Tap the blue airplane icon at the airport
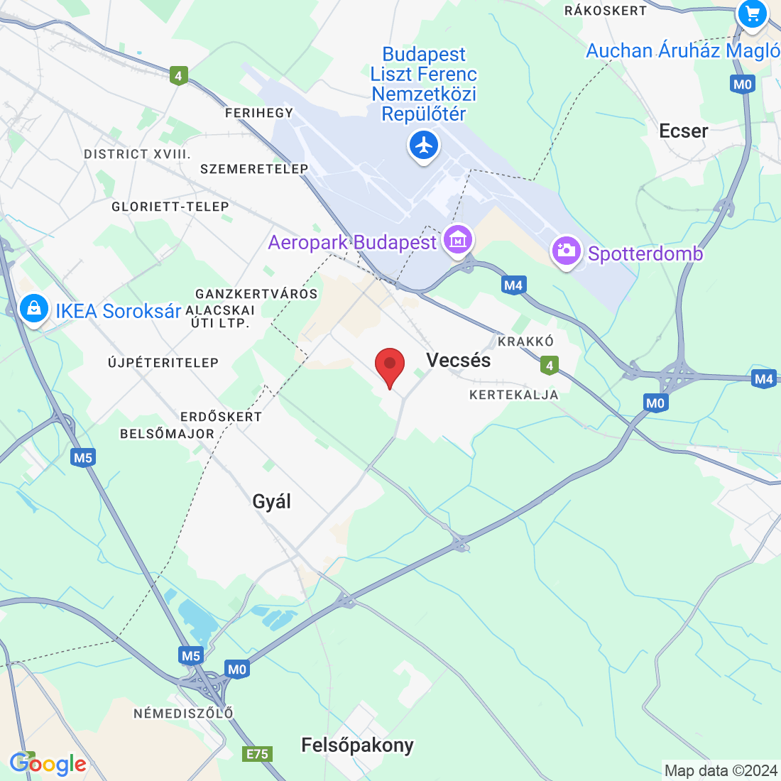(x=424, y=146)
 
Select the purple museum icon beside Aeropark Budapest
(x=458, y=241)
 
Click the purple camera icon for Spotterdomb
(x=567, y=251)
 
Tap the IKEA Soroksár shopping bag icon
(x=33, y=309)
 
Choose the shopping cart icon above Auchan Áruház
(x=752, y=13)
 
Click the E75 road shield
(x=257, y=753)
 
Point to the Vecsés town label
(x=459, y=360)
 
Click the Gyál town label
(x=272, y=501)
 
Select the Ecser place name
(x=684, y=131)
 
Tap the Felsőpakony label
(x=357, y=745)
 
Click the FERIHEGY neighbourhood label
(x=259, y=113)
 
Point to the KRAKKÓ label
(x=525, y=342)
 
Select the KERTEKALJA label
(x=514, y=395)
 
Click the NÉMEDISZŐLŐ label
(x=183, y=713)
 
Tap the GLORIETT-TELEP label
(x=170, y=207)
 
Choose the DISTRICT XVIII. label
(x=137, y=154)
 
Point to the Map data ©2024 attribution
(x=721, y=770)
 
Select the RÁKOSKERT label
(x=606, y=11)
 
